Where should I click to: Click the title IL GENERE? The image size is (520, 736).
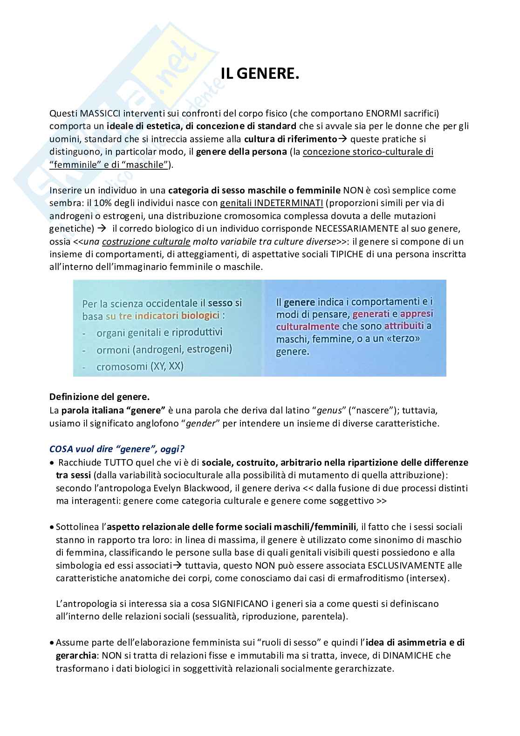[x=260, y=74]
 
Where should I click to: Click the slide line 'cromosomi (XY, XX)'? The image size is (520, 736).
[x=140, y=366]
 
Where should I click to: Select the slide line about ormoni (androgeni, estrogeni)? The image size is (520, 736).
[x=164, y=349]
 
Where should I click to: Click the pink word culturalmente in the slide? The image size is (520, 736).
[x=308, y=326]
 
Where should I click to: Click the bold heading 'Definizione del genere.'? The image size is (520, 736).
[x=99, y=397]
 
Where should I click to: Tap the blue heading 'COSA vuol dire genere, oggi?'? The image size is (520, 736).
[x=116, y=449]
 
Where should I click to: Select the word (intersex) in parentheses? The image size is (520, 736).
[x=431, y=578]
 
